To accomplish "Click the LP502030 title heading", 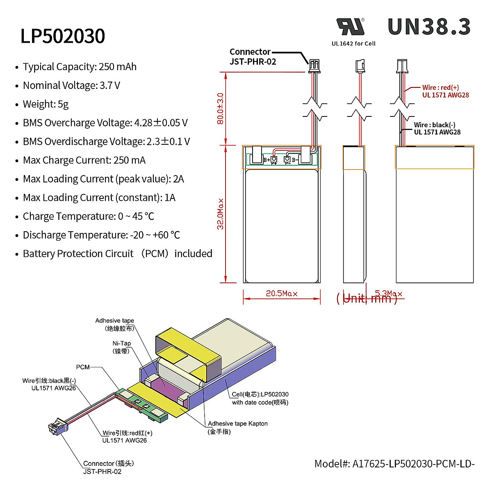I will coord(63,36).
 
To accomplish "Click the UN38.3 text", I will coord(429,27).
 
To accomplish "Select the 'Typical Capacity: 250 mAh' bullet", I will coord(80,67).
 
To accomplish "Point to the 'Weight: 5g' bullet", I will coord(46,104).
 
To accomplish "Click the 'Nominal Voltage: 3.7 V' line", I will coord(71,86).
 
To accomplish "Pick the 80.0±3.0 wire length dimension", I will coord(220,109).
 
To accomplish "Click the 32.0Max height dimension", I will coord(221,214).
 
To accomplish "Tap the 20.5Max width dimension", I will coord(281,294).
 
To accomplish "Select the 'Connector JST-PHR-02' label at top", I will coord(253,57).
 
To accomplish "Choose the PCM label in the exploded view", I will coord(83,367).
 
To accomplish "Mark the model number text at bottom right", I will coord(394,464).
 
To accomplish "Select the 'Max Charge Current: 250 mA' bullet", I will coord(84,160).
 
